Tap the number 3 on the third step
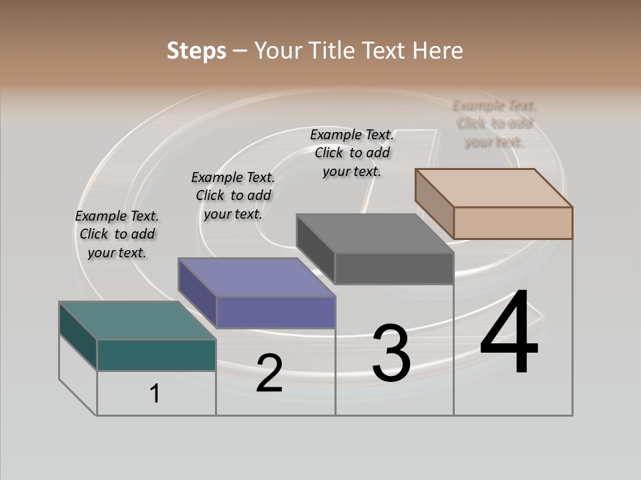tap(391, 353)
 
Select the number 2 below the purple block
tap(269, 373)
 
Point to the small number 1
tap(155, 393)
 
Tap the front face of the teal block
tap(156, 355)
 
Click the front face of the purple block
tap(276, 312)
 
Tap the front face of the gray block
tap(394, 268)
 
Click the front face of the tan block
tap(513, 223)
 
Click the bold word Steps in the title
tap(196, 51)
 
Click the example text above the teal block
tap(117, 234)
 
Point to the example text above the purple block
tap(233, 195)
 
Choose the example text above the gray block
tap(352, 153)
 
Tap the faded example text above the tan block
tap(494, 123)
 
